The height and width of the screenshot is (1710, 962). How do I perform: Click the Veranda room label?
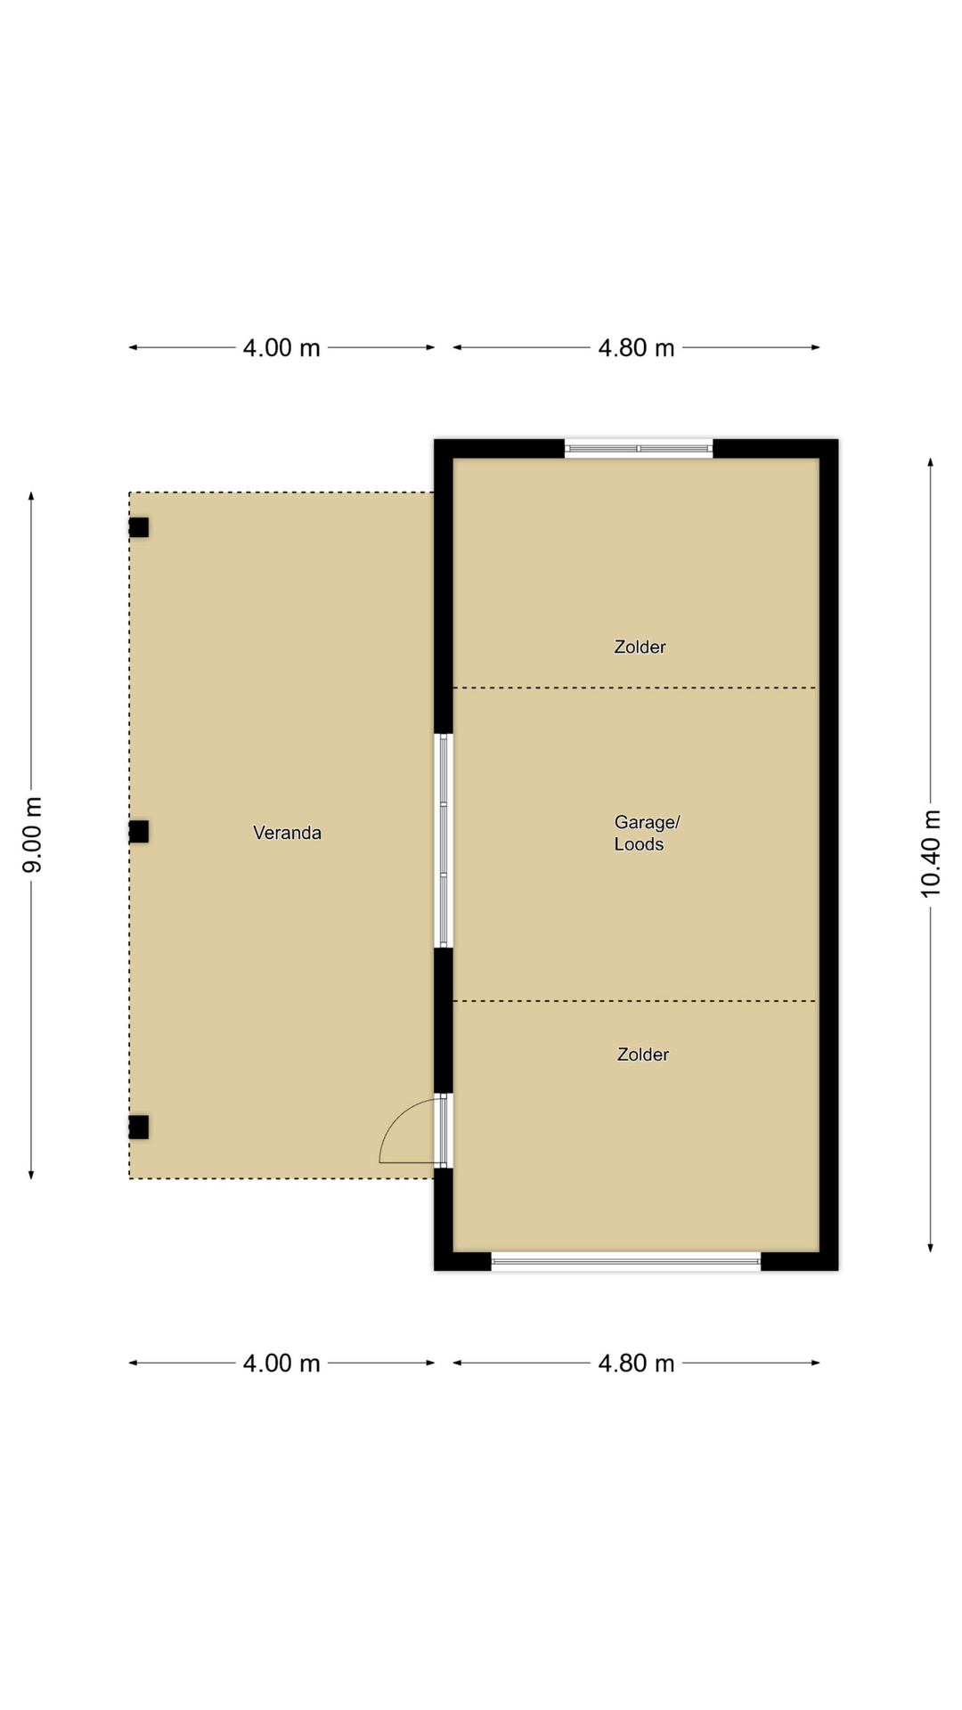click(x=287, y=833)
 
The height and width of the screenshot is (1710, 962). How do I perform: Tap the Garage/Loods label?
click(x=647, y=833)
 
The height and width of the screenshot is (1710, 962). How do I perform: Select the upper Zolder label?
click(x=640, y=647)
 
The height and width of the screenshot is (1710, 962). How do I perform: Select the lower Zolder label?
click(x=642, y=1054)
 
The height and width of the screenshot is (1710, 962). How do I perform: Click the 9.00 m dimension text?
click(x=32, y=835)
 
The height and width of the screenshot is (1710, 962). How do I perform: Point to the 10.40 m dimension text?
click(x=931, y=853)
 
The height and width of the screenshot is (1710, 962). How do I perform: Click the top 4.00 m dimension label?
click(x=281, y=347)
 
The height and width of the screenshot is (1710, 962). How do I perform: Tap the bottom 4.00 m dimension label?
click(x=281, y=1363)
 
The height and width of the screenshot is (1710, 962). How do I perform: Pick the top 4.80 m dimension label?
click(x=636, y=347)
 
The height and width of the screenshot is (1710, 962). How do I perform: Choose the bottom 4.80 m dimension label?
click(x=636, y=1363)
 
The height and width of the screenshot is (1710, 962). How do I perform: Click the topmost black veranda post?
click(x=139, y=527)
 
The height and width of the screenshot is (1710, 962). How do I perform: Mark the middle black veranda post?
click(x=139, y=832)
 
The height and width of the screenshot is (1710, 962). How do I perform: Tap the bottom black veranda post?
click(x=139, y=1127)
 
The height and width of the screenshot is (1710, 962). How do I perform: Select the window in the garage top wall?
click(x=639, y=449)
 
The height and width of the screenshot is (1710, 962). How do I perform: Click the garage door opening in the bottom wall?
click(x=626, y=1260)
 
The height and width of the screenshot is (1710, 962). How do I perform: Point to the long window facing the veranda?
click(x=444, y=840)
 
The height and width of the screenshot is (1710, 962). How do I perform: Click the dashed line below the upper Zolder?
click(x=635, y=688)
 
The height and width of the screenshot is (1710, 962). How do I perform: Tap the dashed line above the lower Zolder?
click(x=635, y=1001)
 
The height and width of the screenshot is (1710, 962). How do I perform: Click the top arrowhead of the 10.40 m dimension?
click(x=931, y=462)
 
